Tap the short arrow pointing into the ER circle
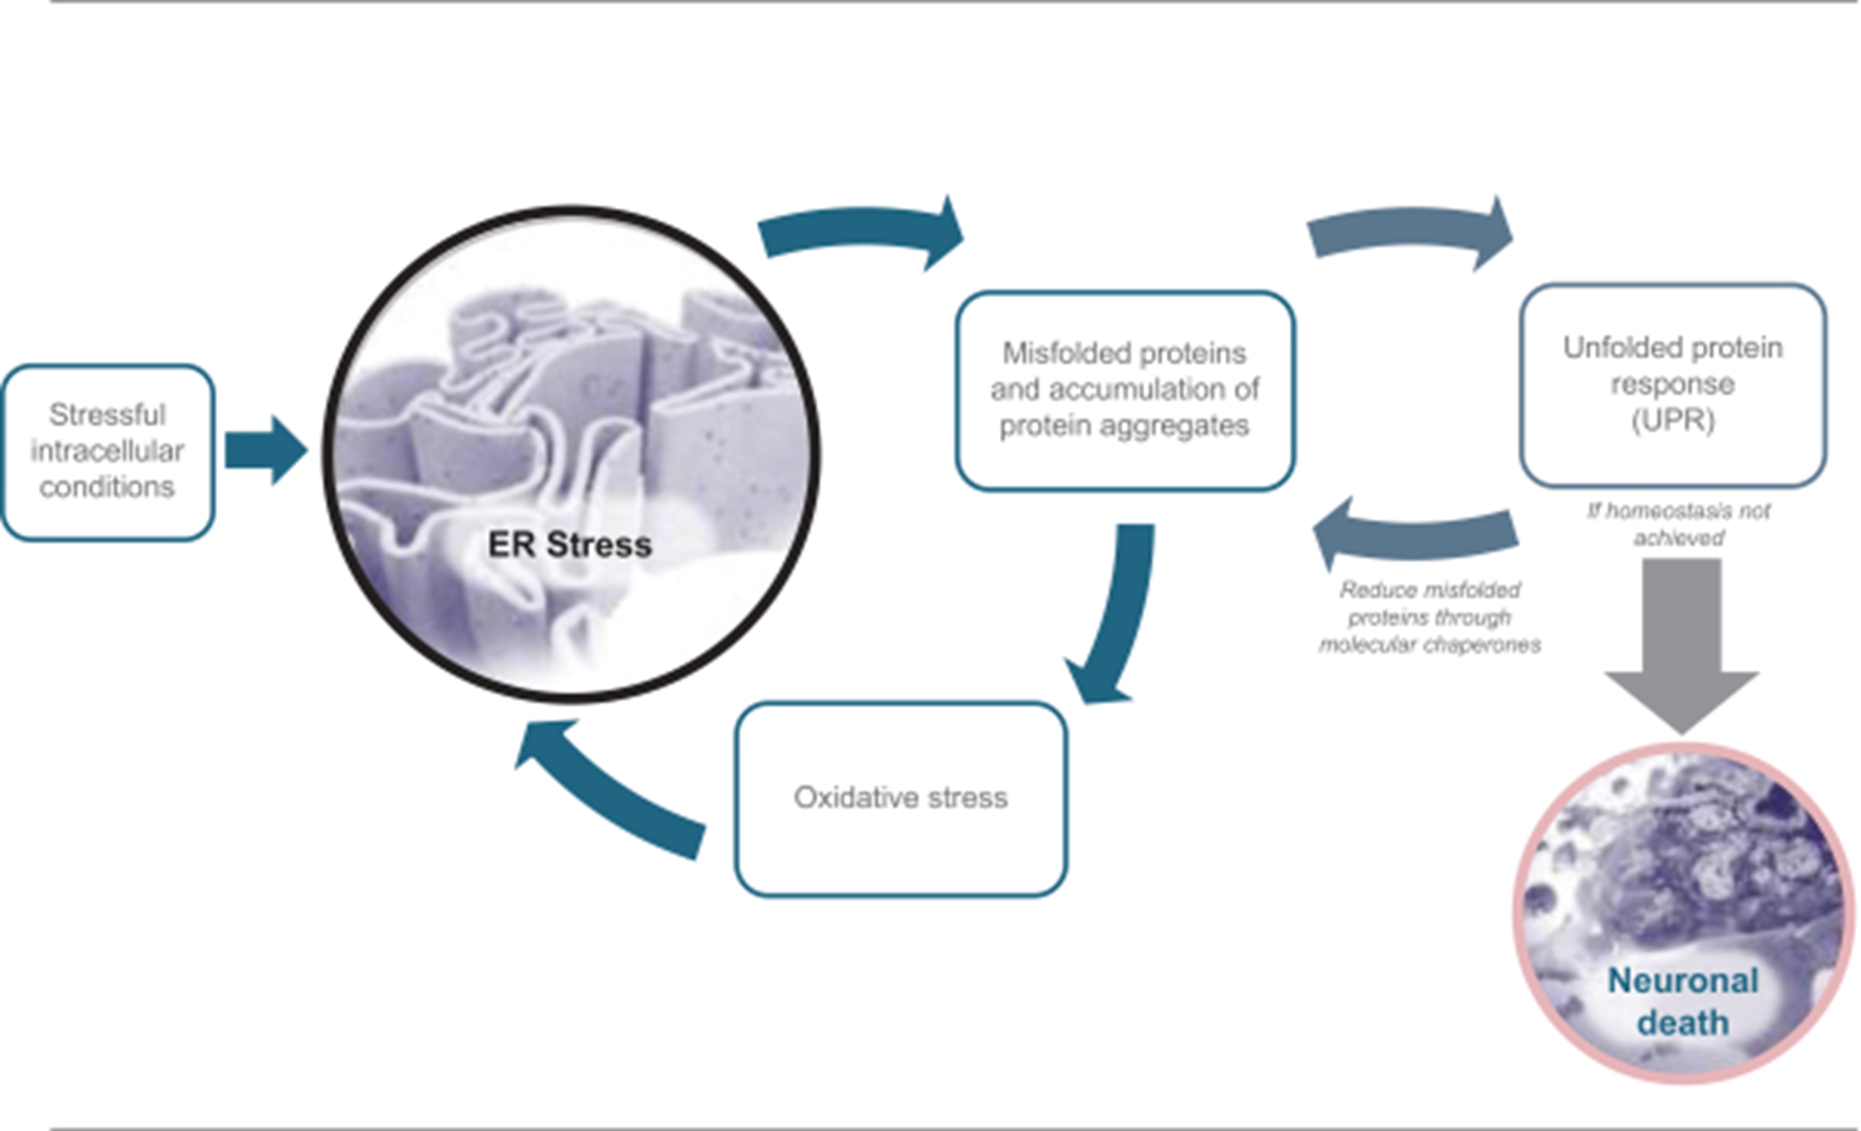click(266, 450)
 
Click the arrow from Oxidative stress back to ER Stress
click(604, 793)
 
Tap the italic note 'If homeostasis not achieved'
click(1678, 524)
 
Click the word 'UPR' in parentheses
click(1674, 420)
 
